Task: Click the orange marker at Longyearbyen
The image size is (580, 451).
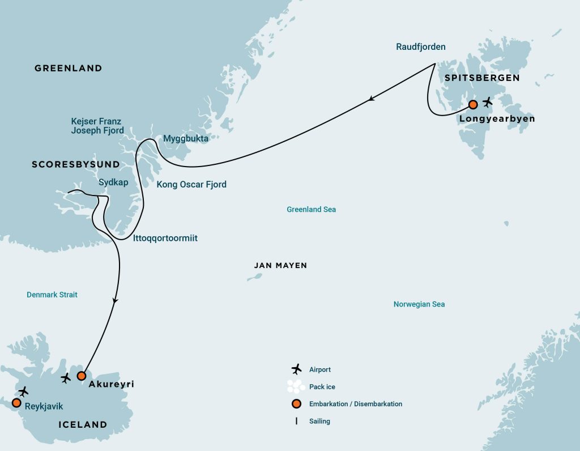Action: coord(473,104)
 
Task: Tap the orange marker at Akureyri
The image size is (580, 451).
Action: coord(82,376)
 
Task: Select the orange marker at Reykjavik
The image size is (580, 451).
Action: coord(16,403)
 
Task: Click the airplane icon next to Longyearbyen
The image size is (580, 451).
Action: coord(487,103)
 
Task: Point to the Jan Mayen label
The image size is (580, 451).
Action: coord(280,265)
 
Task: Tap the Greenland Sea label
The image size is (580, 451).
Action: coord(311,210)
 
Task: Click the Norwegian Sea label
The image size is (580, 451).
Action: coord(419,304)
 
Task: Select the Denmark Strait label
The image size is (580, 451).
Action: coord(52,295)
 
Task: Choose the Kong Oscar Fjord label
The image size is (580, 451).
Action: coord(191,184)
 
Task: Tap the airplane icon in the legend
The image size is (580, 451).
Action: coord(296,369)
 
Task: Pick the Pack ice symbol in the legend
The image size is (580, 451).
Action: coord(296,386)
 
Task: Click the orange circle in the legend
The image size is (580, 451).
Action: coord(296,404)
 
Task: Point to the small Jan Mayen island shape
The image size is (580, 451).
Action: coord(255,277)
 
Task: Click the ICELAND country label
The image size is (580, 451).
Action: coord(83,424)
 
